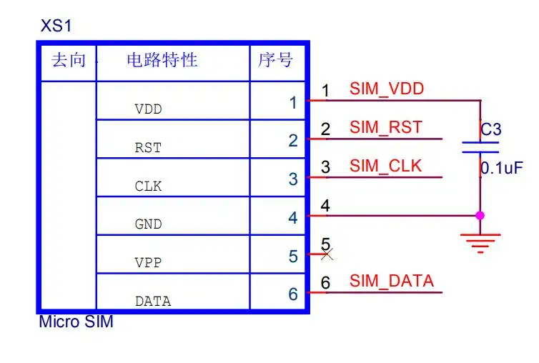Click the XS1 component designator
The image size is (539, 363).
tap(56, 27)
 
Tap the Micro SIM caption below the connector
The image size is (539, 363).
tap(76, 322)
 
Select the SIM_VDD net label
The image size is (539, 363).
tap(387, 89)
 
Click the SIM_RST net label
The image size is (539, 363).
tap(386, 128)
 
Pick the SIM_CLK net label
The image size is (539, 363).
tap(386, 166)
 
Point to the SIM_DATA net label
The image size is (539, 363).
tap(392, 281)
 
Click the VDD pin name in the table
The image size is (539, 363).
tap(148, 110)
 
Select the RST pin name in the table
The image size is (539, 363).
tap(148, 149)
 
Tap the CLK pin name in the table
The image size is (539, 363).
tap(148, 187)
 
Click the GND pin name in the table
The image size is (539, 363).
tap(148, 224)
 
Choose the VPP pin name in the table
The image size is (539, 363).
tap(148, 263)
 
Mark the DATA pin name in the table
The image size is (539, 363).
tap(153, 302)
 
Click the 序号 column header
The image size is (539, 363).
tap(276, 60)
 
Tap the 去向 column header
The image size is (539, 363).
tap(69, 60)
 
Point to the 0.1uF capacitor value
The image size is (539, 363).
tap(501, 169)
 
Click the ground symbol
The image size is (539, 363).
tap(480, 242)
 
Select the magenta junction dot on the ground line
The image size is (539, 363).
tap(480, 215)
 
